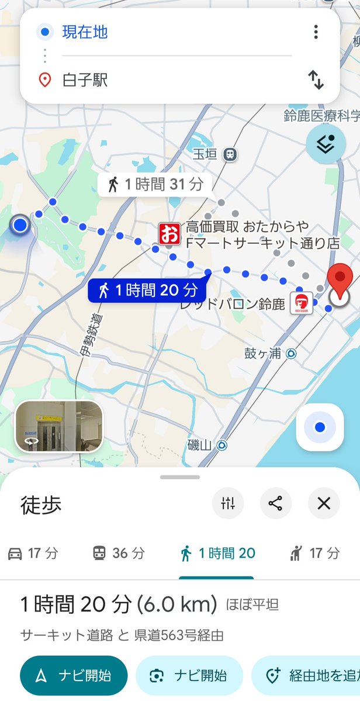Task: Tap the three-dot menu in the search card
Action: (x=316, y=32)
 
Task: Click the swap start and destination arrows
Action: (x=316, y=80)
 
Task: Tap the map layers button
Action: (x=326, y=144)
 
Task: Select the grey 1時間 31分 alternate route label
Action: (x=155, y=185)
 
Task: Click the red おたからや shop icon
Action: (x=169, y=234)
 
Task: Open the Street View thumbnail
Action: (x=59, y=427)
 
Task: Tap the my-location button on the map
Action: (x=319, y=428)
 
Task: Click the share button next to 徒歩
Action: (x=276, y=503)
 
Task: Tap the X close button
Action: (x=324, y=503)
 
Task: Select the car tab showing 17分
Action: (x=33, y=553)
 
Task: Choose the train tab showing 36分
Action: (x=119, y=553)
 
